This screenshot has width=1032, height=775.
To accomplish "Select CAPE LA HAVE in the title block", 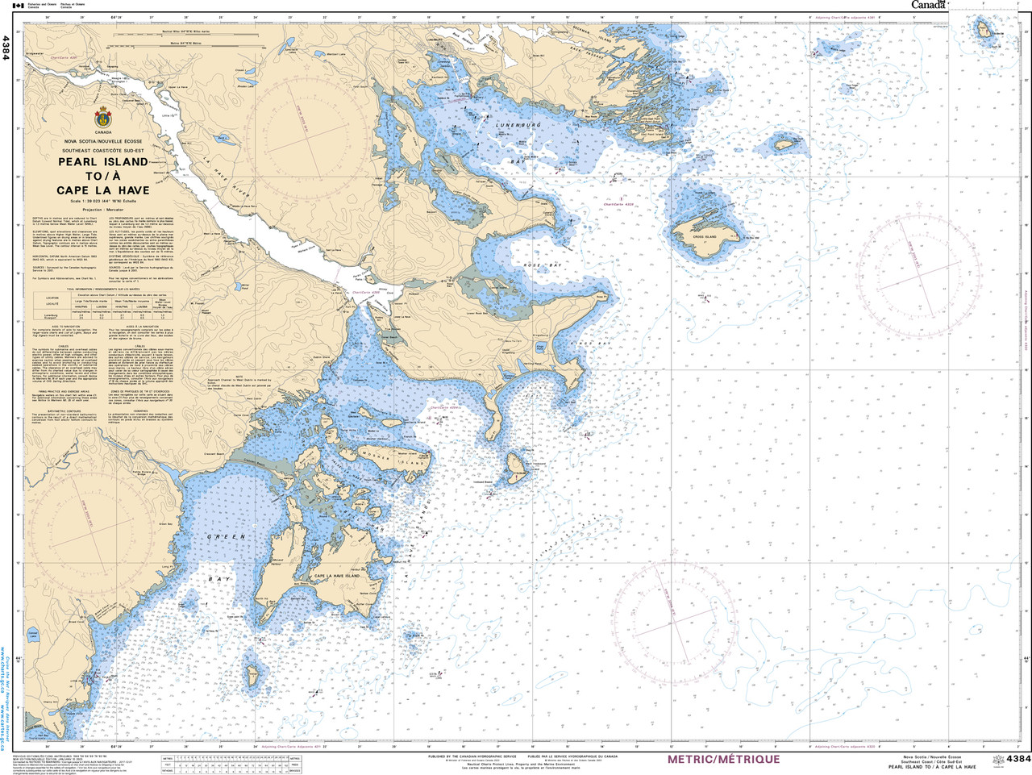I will [x=103, y=190].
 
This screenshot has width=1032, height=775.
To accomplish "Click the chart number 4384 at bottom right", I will [x=1017, y=759].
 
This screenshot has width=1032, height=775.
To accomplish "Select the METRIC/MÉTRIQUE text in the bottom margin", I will [x=722, y=760].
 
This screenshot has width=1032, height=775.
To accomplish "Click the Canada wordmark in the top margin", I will [x=928, y=5].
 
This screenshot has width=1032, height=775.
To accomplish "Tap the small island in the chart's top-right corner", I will [x=984, y=31].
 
